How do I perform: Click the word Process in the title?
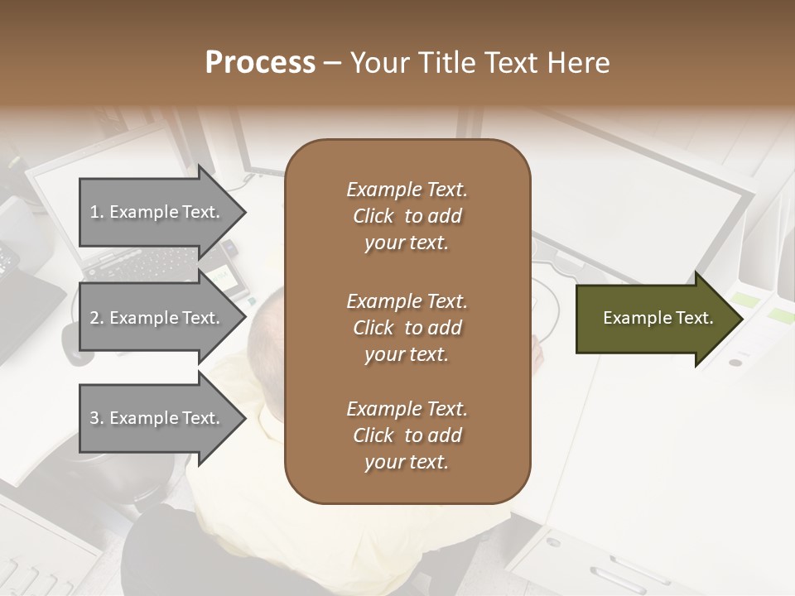click(260, 63)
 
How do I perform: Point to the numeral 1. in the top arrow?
click(96, 212)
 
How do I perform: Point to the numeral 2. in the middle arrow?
click(96, 318)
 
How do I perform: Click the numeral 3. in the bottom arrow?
click(96, 418)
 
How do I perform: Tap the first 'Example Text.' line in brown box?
click(407, 190)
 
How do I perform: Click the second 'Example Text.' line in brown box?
click(407, 301)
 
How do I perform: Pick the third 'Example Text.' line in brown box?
click(407, 409)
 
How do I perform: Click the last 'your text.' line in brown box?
click(406, 463)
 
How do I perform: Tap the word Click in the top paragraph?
click(373, 217)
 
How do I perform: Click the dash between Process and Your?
click(333, 64)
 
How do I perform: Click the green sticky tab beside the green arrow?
click(746, 300)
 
